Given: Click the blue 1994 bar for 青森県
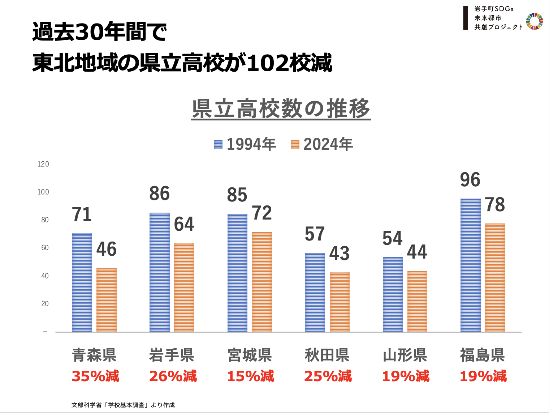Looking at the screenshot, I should (x=82, y=282).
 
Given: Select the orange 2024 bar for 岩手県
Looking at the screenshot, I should (x=184, y=287).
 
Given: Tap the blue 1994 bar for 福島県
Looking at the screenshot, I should (x=471, y=265).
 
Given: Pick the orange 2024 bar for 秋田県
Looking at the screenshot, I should (x=340, y=302).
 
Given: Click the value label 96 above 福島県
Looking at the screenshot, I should (x=470, y=180).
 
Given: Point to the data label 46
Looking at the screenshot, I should (x=107, y=249).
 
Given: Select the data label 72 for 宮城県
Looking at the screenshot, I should (x=262, y=213).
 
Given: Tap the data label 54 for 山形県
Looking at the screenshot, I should (x=393, y=238).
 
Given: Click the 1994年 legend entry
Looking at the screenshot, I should (x=245, y=144).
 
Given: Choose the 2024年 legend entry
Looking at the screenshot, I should (x=322, y=144).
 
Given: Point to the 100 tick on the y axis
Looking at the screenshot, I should (x=43, y=192).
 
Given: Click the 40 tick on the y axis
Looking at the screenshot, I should (x=45, y=276).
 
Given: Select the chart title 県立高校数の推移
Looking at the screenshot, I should (x=281, y=108).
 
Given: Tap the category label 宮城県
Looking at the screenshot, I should (x=250, y=355).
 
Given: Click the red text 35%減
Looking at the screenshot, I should (x=95, y=376).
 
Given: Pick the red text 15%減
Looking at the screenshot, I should (x=251, y=376).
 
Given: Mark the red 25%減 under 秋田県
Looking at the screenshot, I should (x=328, y=376).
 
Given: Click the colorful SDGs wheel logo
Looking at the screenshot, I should (x=535, y=21).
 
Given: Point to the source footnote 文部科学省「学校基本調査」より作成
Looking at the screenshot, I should (x=123, y=405).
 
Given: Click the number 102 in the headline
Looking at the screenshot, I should (x=268, y=63).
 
